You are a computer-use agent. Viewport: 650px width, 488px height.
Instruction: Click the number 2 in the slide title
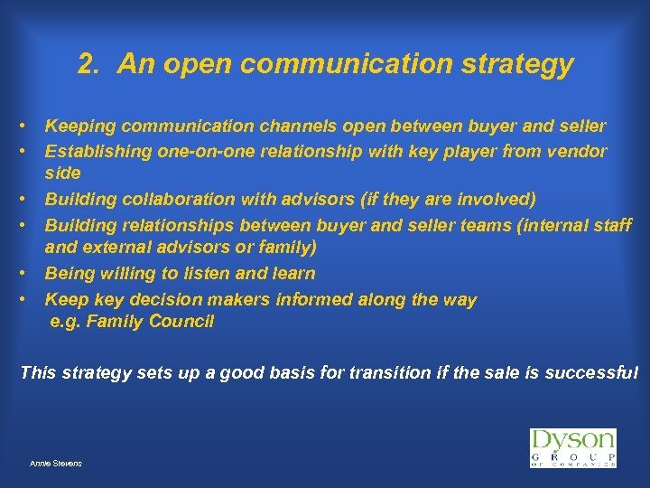click(x=86, y=64)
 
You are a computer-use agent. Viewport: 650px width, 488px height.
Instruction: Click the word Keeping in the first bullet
click(x=79, y=126)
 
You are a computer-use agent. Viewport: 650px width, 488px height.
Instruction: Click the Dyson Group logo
click(x=572, y=448)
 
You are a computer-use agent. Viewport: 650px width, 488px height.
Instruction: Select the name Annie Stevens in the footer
click(x=56, y=463)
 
